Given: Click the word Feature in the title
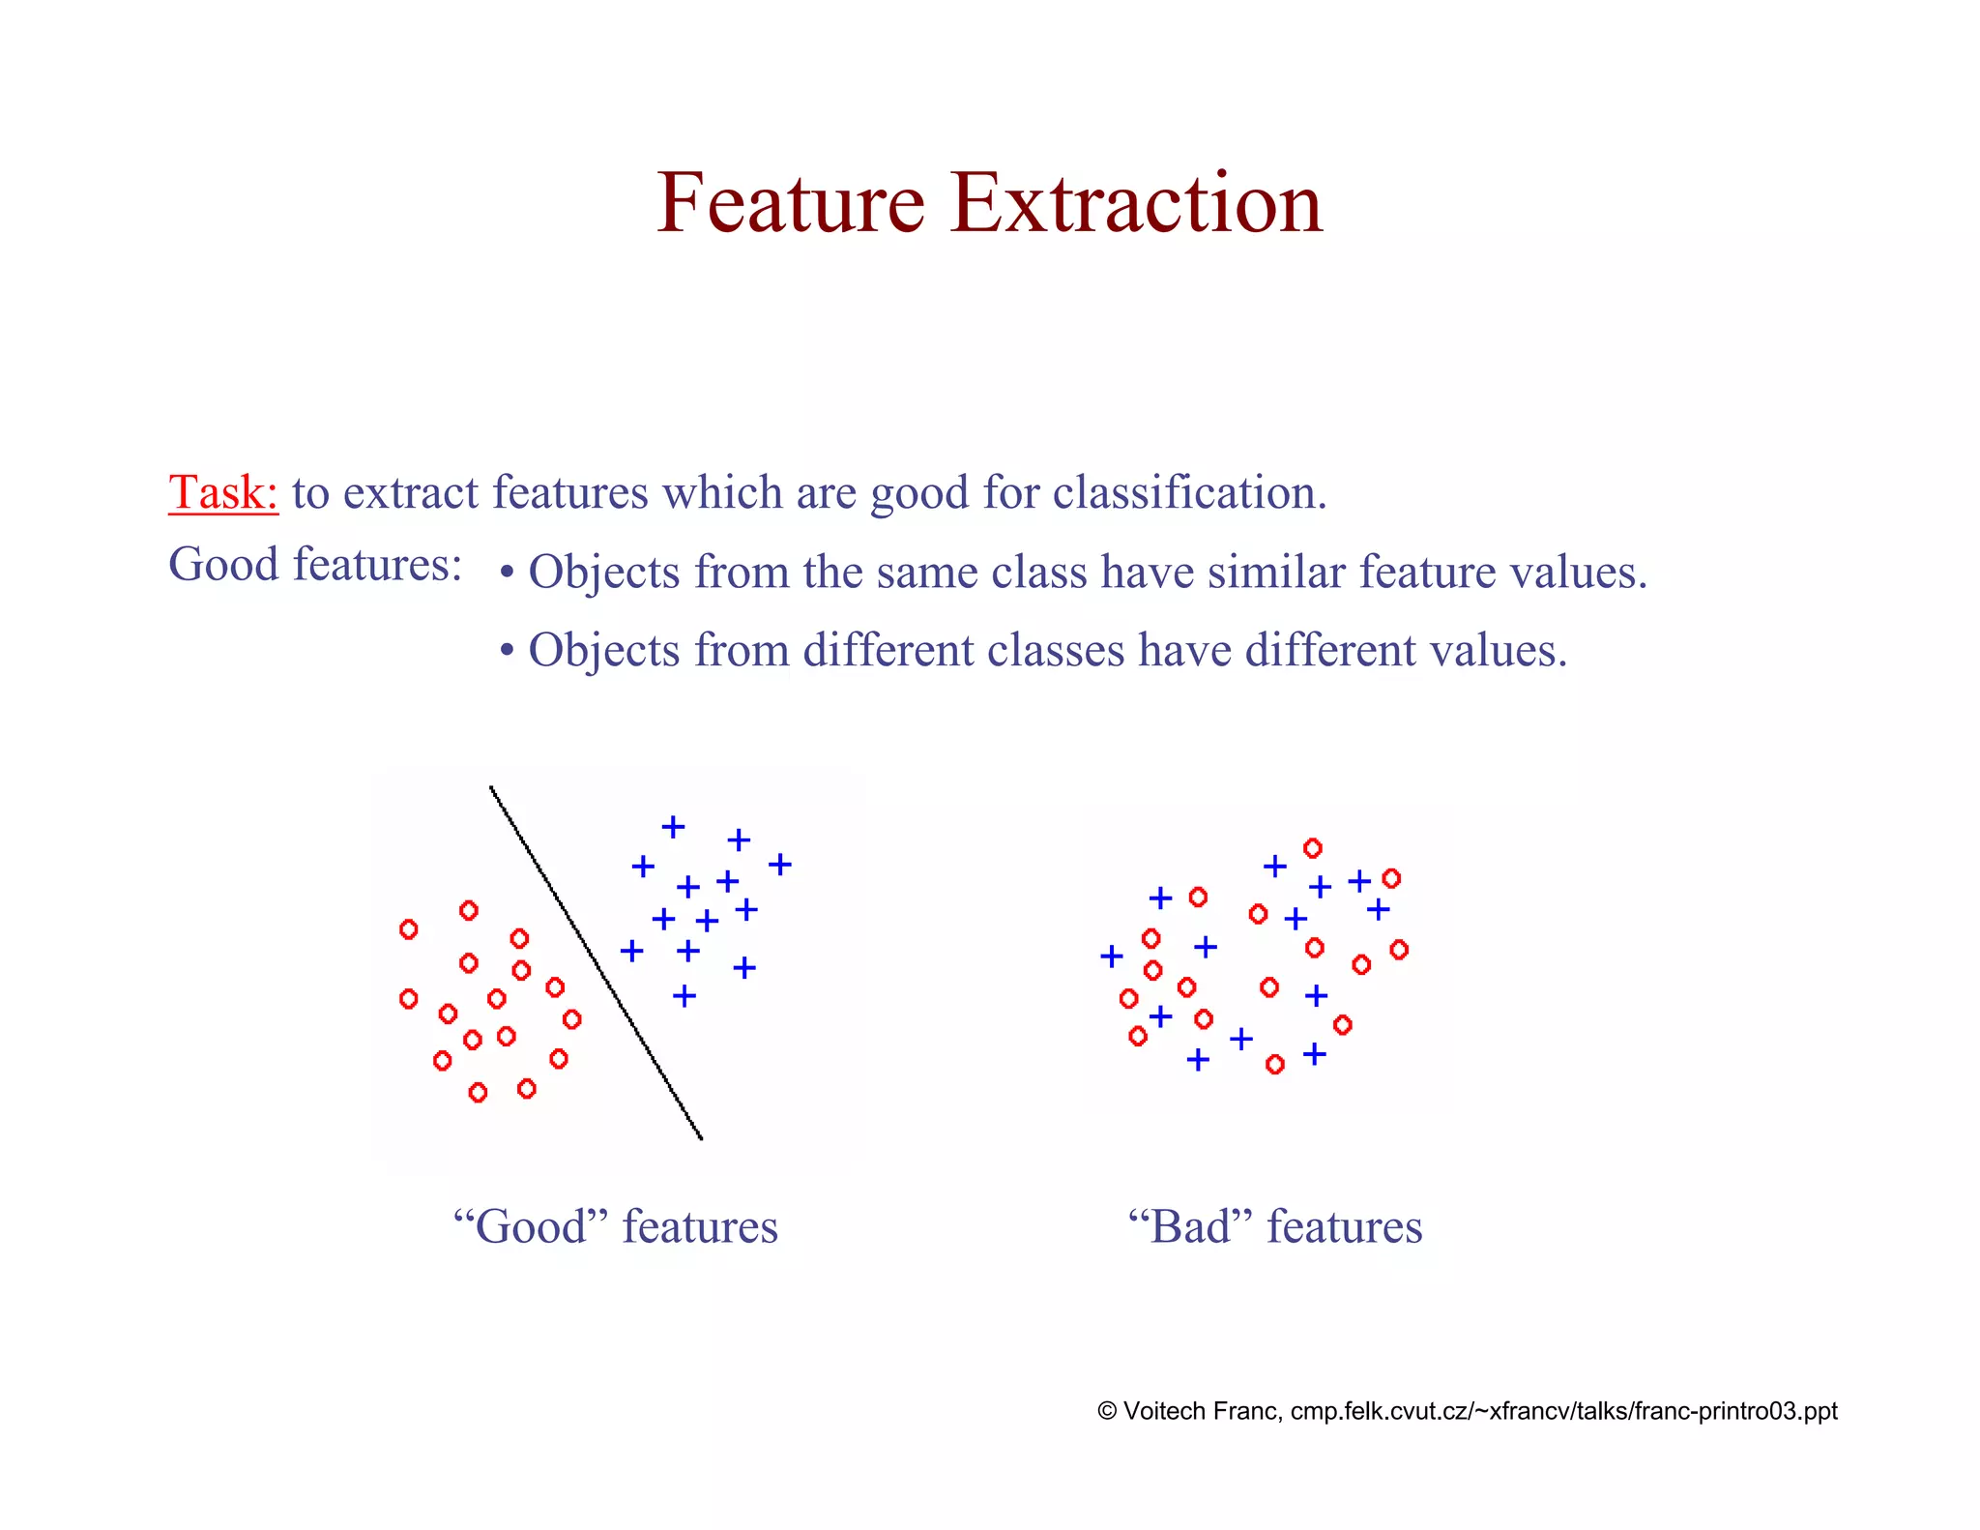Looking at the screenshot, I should [x=791, y=203].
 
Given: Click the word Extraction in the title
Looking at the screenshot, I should [x=1136, y=203].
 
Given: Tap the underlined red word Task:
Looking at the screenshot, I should [x=223, y=492].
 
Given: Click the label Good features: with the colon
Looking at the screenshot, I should [x=315, y=564].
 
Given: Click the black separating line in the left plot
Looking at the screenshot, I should [x=596, y=962].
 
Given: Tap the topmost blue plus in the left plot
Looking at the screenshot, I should [x=673, y=827].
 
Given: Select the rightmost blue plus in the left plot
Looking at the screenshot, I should [x=780, y=864].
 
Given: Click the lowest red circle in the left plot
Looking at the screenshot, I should [x=478, y=1093].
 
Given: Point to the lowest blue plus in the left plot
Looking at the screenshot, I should [x=684, y=995].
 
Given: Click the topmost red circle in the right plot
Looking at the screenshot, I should [x=1312, y=848].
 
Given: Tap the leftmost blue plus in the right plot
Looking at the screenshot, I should [x=1112, y=956].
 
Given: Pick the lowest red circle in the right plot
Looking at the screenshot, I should [x=1275, y=1065].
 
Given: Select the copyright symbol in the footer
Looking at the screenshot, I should [x=1108, y=1411].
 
